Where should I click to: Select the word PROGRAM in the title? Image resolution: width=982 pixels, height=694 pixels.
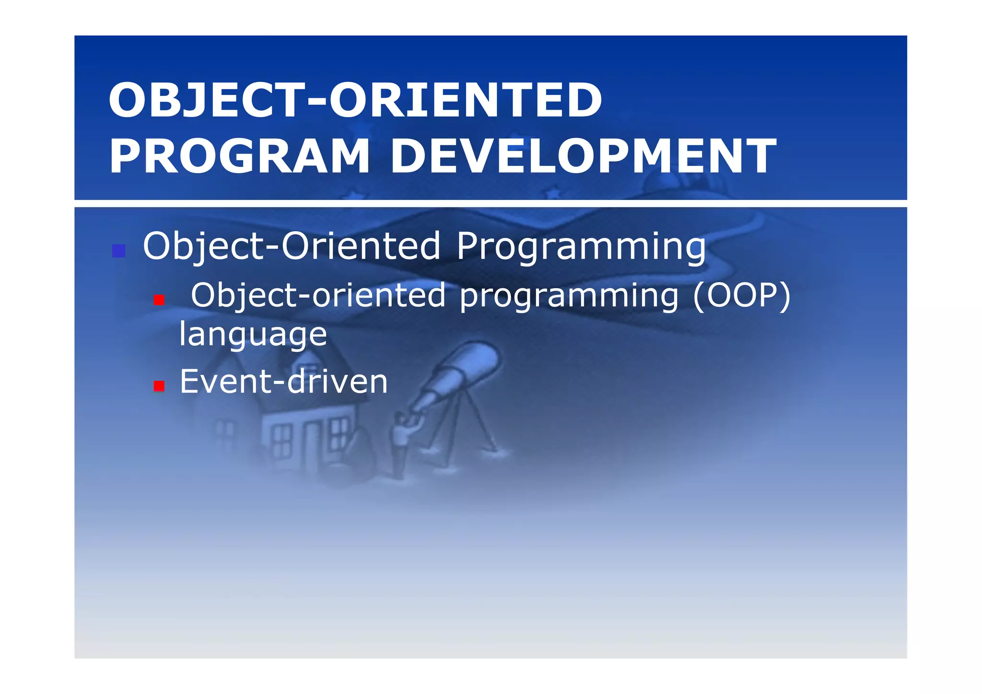click(240, 156)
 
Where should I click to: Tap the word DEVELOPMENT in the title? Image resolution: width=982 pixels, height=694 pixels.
click(583, 156)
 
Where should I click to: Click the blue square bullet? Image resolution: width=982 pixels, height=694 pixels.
click(118, 251)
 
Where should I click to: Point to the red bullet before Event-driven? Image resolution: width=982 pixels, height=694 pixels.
click(159, 386)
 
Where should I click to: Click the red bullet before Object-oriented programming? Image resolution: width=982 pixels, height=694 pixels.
click(159, 300)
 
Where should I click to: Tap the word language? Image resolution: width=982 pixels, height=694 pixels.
click(253, 334)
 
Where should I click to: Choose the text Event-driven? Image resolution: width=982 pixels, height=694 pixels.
click(283, 382)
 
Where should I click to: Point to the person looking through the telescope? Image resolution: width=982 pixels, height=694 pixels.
click(402, 439)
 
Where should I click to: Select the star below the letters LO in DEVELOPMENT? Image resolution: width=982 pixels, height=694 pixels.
click(553, 194)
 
